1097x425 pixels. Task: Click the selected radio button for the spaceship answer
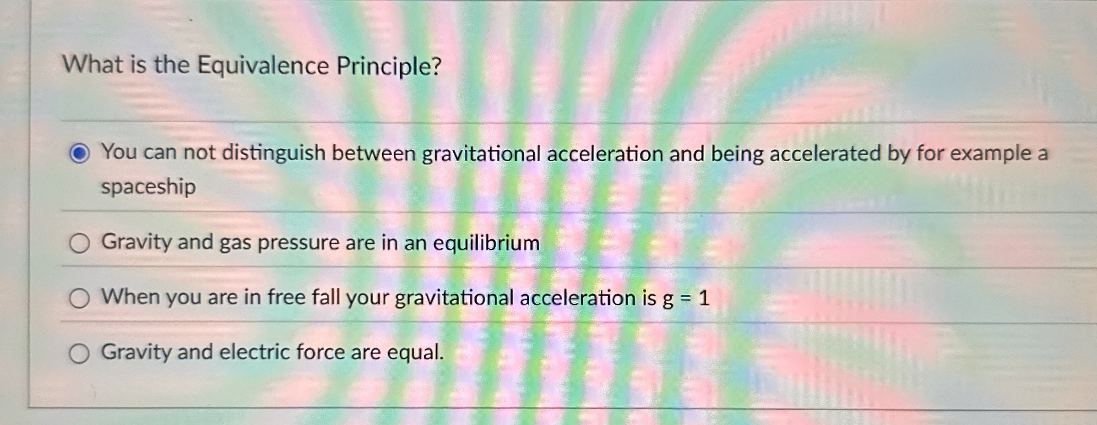coord(79,153)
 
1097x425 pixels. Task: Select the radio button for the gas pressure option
coord(79,243)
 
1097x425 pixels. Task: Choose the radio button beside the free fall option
coord(79,299)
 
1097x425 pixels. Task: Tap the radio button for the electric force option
coord(79,354)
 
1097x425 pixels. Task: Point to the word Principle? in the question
coord(389,67)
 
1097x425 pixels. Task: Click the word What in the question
coord(92,64)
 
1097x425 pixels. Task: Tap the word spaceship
coord(148,187)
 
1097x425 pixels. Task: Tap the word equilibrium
coord(486,243)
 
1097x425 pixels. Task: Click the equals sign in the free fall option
coord(685,299)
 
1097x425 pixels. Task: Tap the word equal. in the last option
coord(415,353)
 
